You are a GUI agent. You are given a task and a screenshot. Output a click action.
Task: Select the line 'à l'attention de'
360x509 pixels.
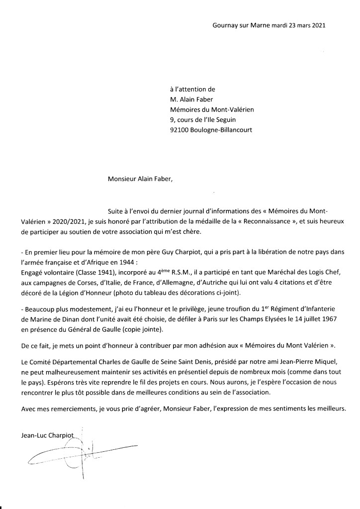coord(192,90)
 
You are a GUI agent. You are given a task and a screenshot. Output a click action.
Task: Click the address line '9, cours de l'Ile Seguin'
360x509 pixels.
coord(203,120)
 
